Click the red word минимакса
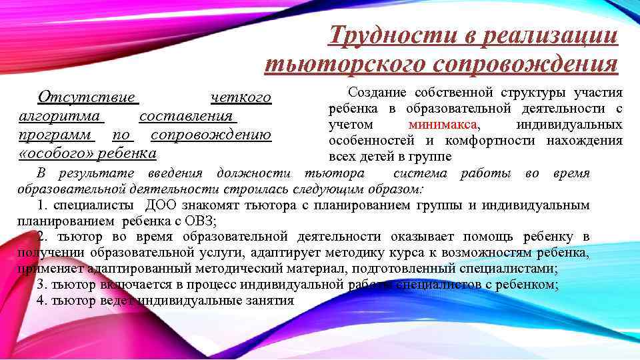(x=443, y=125)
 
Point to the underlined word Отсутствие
(x=87, y=98)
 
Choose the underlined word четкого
(x=241, y=98)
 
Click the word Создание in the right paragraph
(x=374, y=93)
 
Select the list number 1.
(x=41, y=205)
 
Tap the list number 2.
(x=41, y=237)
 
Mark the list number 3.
(x=41, y=285)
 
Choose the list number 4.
(x=41, y=300)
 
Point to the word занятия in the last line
(x=271, y=300)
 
